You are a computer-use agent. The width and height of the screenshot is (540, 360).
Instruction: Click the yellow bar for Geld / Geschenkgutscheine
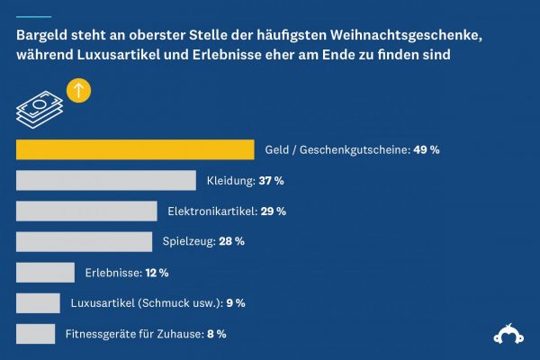tap(135, 149)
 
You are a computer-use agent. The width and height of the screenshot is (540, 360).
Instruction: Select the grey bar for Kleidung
tap(106, 180)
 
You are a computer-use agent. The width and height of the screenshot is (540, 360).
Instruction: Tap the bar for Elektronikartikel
tap(86, 211)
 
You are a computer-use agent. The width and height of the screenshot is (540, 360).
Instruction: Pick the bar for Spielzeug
tap(85, 241)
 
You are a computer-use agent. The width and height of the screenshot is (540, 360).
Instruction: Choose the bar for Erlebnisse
tap(45, 272)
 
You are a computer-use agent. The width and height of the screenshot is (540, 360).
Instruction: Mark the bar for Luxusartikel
tap(38, 303)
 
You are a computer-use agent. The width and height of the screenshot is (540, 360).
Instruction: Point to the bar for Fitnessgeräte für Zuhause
tap(36, 334)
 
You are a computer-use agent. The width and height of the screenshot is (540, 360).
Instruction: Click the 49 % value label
tap(426, 150)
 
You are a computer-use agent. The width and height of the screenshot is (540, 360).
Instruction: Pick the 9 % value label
tap(235, 303)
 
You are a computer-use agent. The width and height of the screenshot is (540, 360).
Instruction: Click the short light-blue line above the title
tap(33, 17)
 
